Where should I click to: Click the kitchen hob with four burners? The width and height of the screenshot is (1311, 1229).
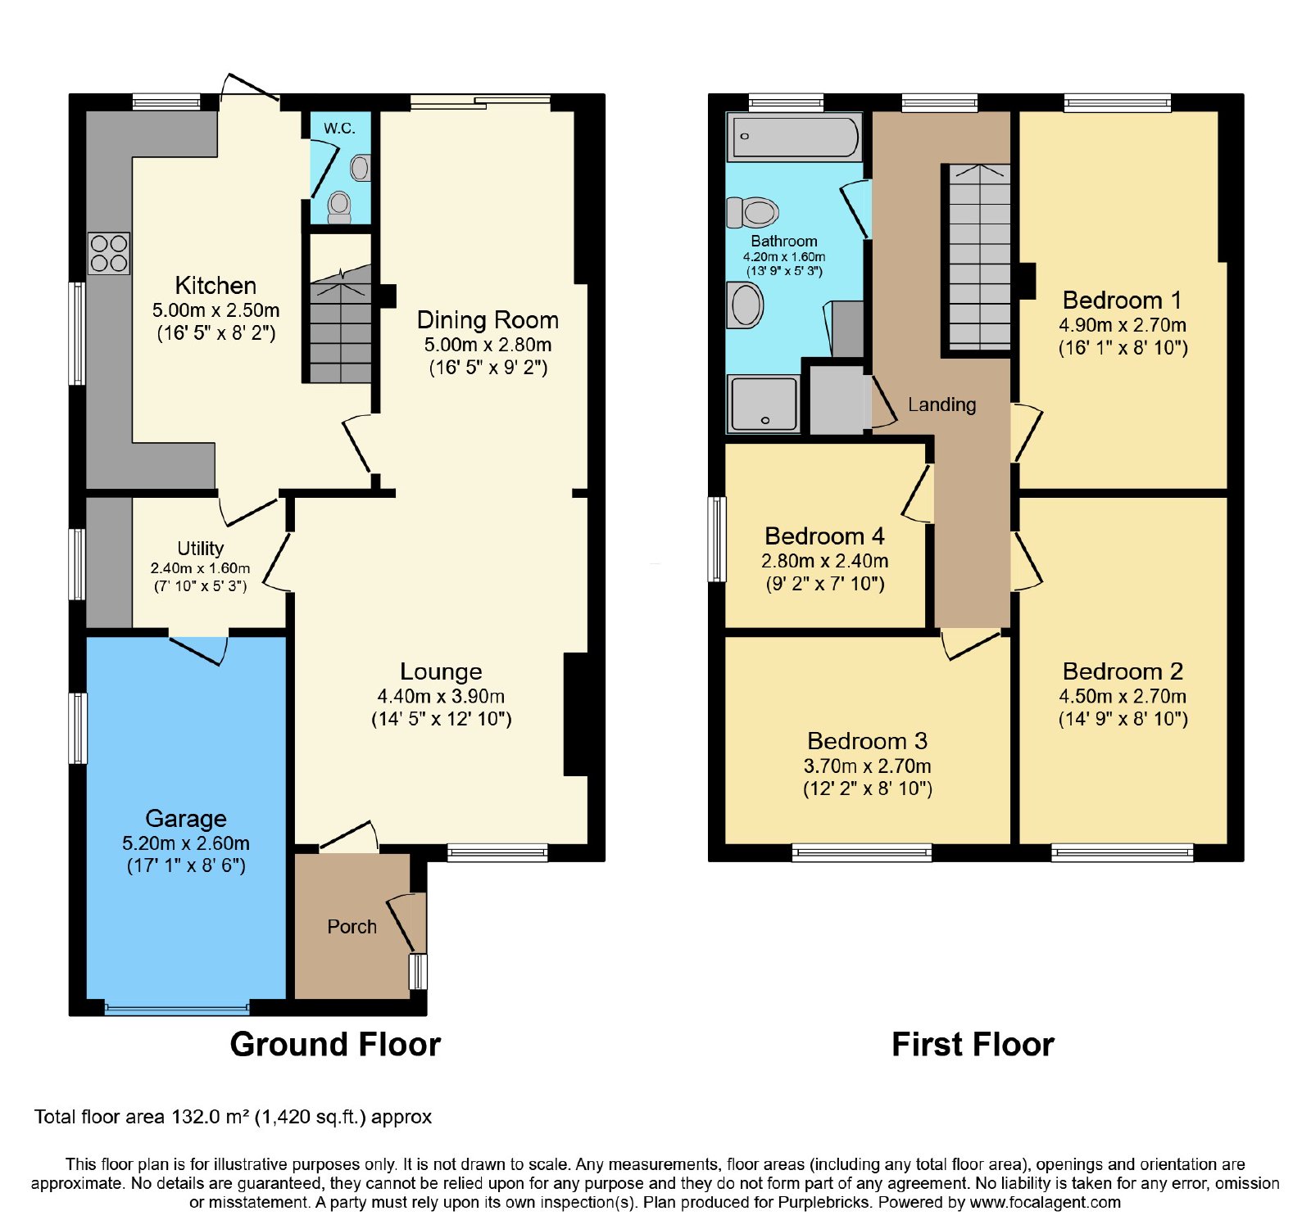click(109, 253)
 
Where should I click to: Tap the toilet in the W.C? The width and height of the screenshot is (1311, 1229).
click(339, 206)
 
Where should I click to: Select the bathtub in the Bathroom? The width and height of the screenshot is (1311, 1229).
click(795, 136)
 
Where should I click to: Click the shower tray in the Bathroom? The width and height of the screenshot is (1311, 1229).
click(763, 404)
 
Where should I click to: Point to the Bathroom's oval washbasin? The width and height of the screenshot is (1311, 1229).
click(745, 305)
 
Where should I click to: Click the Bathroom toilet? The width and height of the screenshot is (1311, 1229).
click(752, 213)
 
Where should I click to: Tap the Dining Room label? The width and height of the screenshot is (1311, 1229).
click(488, 319)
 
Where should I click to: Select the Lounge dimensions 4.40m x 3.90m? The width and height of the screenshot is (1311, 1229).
click(441, 696)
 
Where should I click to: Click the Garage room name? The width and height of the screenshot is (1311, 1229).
click(186, 819)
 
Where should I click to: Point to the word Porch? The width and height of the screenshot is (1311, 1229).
click(352, 927)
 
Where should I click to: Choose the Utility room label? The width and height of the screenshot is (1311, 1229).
click(201, 549)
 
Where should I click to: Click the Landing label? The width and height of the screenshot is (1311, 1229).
click(942, 404)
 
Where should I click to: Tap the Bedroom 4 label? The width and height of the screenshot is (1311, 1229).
click(824, 536)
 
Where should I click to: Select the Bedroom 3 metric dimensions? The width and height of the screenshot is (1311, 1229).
click(868, 766)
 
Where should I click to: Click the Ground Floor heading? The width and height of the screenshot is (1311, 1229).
click(335, 1044)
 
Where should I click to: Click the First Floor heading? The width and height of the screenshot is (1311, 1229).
click(973, 1044)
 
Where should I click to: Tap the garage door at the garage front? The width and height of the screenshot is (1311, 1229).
click(177, 1008)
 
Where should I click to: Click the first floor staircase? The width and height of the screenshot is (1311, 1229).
click(979, 257)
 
